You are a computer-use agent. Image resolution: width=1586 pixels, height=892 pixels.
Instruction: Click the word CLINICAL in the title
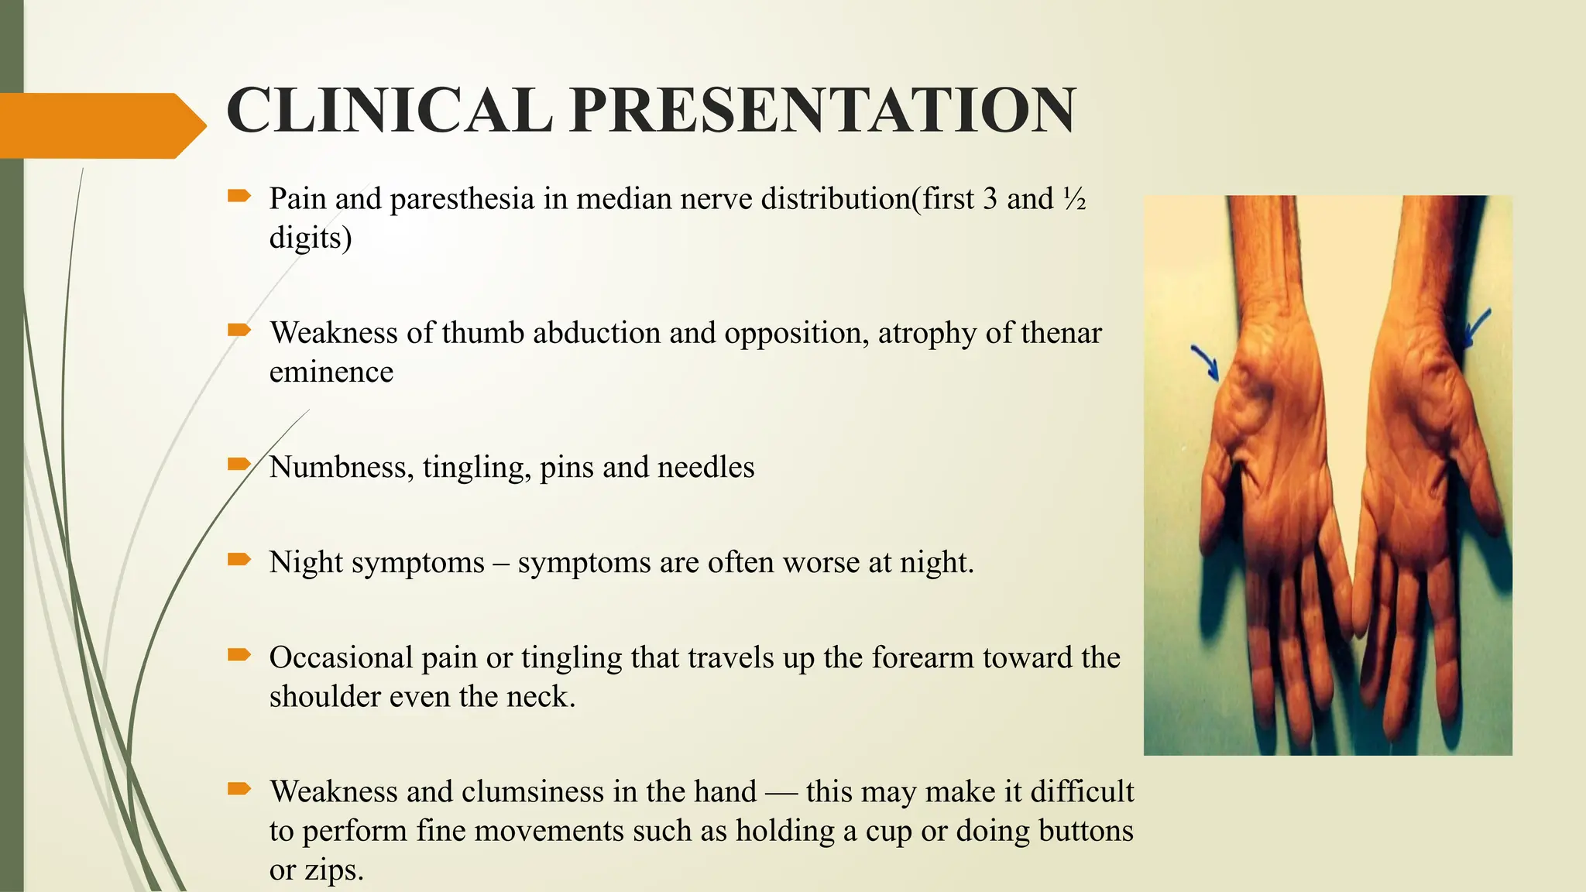pyautogui.click(x=389, y=111)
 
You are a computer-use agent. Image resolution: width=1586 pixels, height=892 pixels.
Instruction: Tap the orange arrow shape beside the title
pyautogui.click(x=101, y=125)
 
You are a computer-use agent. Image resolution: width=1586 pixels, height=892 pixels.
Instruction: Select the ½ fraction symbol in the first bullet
pyautogui.click(x=1074, y=200)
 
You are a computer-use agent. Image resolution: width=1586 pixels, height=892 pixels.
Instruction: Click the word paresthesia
pyautogui.click(x=462, y=200)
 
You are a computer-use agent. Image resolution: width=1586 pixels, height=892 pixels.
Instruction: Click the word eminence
pyautogui.click(x=331, y=372)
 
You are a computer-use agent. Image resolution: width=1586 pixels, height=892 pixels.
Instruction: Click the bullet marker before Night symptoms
pyautogui.click(x=239, y=559)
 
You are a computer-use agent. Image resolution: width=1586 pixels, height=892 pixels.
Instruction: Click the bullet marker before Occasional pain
pyautogui.click(x=239, y=655)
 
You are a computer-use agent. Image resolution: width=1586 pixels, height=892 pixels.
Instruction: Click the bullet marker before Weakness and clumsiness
pyautogui.click(x=239, y=789)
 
